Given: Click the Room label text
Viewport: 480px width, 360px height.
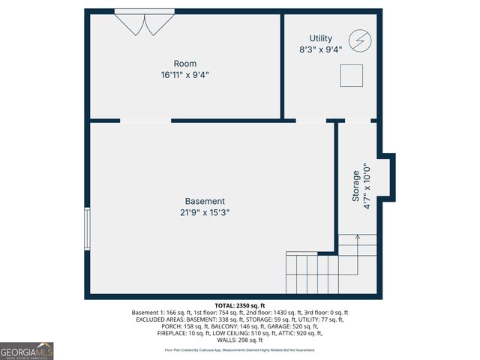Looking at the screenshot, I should point(184,64).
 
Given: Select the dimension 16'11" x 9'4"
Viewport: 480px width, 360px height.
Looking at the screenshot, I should point(184,75).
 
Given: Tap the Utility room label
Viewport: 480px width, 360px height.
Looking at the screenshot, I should point(321,38).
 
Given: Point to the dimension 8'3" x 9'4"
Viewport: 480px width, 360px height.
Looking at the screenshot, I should point(321,49).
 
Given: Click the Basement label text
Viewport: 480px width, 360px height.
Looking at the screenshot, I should point(205,201).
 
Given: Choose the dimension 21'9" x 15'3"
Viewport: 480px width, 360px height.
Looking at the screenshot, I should point(205,212).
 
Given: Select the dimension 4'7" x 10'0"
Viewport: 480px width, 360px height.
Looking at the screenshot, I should point(367,186).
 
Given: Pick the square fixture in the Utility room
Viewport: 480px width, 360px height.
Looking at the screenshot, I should point(352,75).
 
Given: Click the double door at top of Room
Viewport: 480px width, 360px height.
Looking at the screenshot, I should point(144,22).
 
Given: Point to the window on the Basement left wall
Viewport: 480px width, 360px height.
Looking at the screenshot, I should point(88,229).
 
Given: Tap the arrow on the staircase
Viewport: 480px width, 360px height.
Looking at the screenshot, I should point(357,240).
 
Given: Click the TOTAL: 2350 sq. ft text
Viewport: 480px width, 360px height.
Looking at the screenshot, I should point(240,305).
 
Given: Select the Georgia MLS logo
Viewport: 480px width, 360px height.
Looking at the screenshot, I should point(27,351).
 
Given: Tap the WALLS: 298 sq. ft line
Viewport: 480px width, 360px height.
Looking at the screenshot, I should point(240,340).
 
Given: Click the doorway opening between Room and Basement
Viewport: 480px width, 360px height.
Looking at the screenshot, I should point(145,120).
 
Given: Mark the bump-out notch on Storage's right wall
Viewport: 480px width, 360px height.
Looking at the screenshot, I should point(386,176).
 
